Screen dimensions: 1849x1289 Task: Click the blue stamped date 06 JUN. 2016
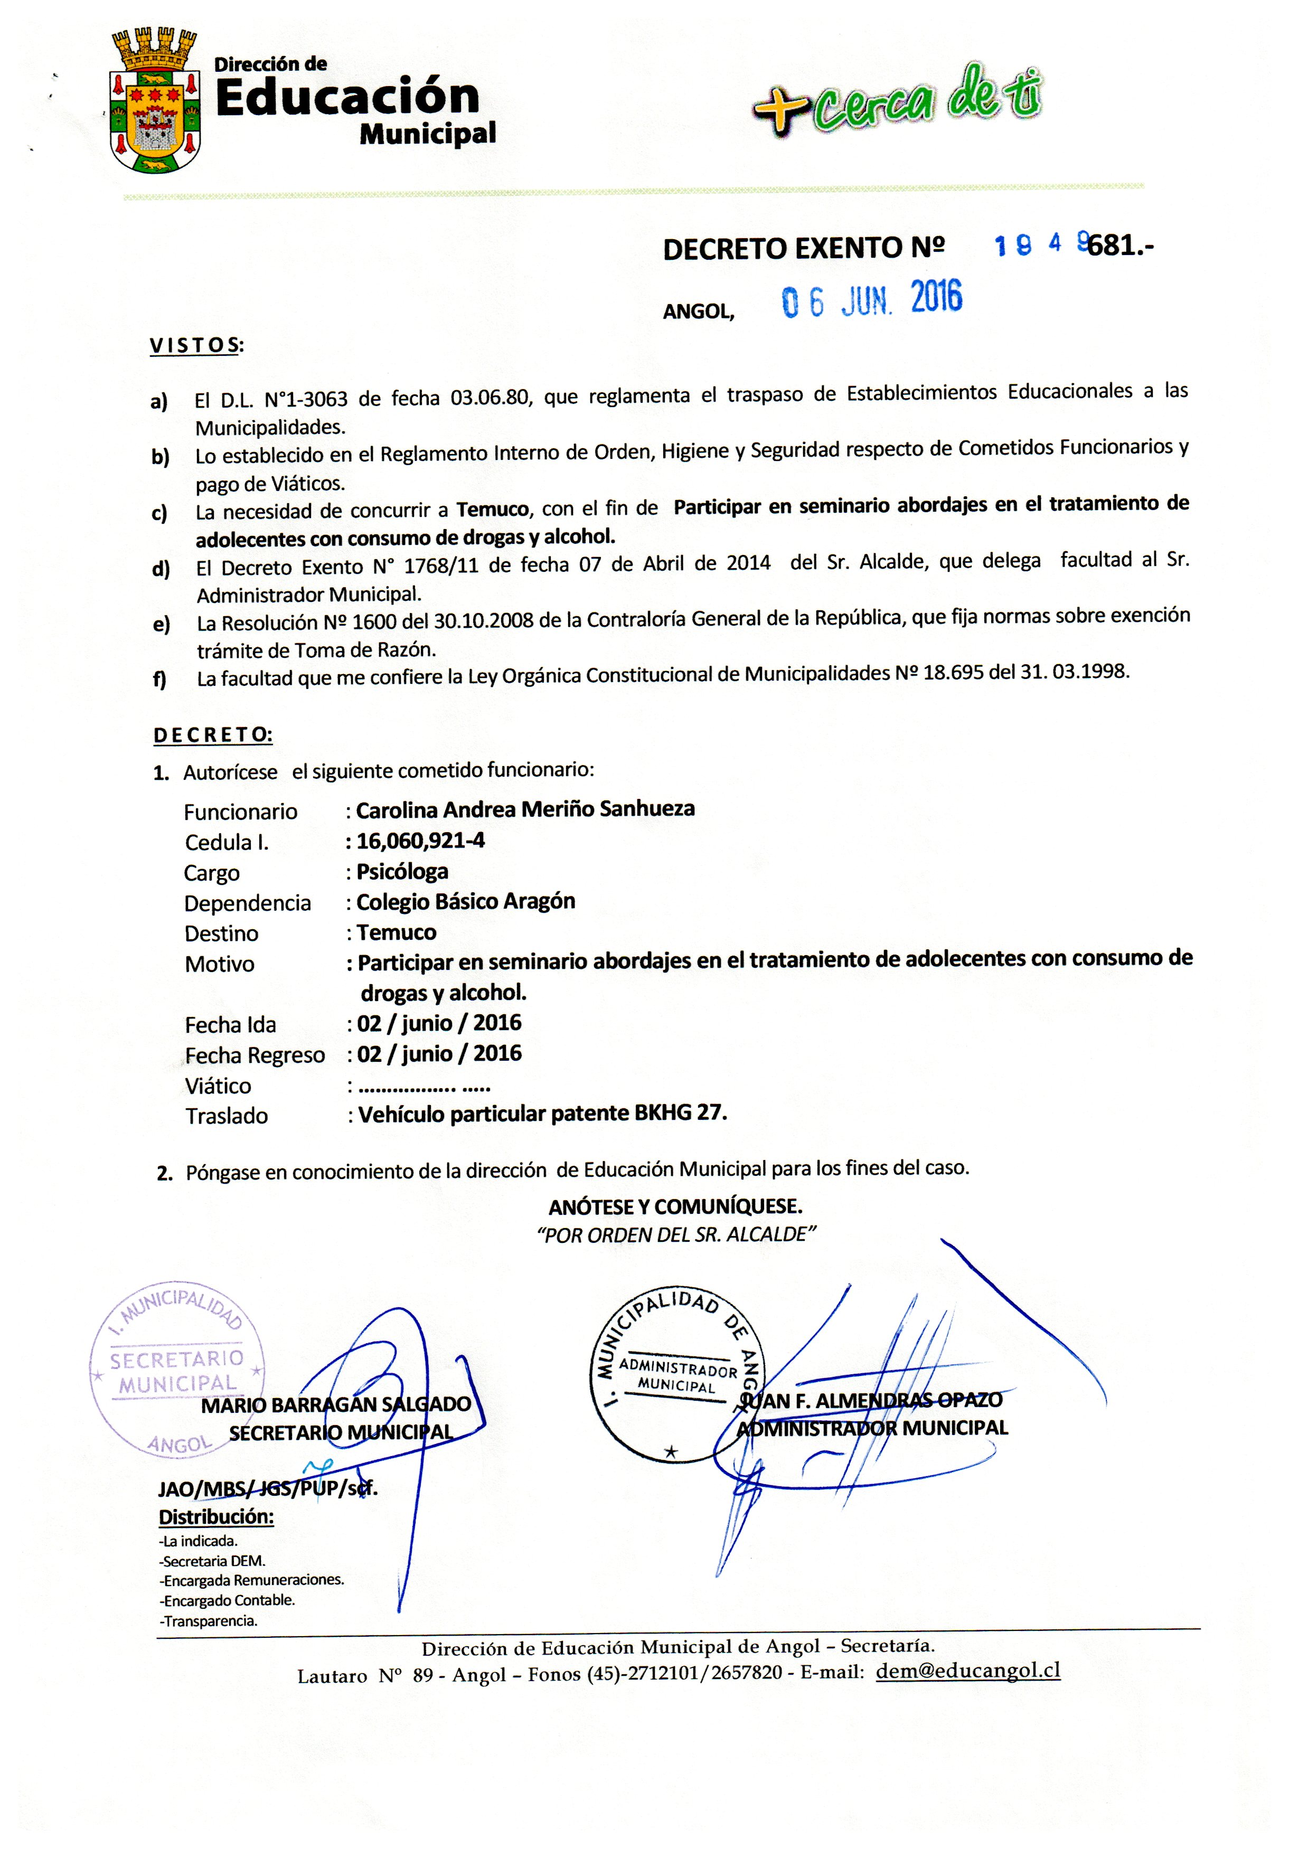pos(872,299)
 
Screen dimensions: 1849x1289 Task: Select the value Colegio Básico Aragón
pos(466,901)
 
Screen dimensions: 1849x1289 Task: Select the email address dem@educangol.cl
pos(967,1670)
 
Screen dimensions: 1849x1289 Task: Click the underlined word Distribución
pos(216,1517)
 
